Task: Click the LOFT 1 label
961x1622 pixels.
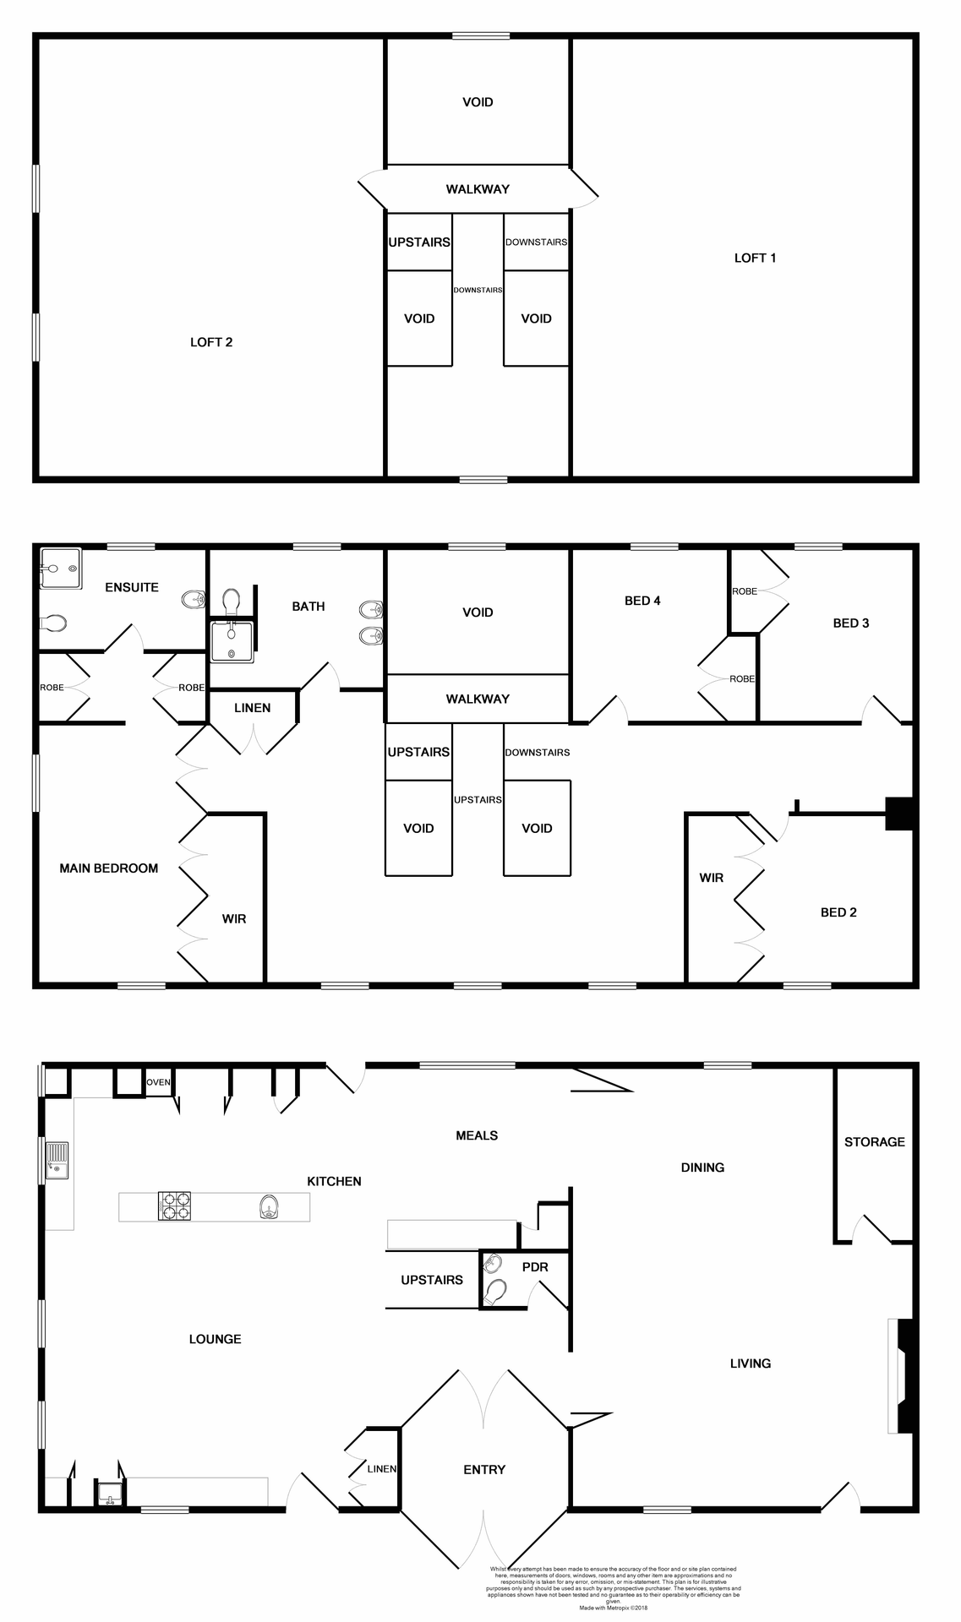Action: point(755,259)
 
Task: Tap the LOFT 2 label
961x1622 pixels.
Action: point(211,342)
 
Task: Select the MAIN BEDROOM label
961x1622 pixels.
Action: point(108,868)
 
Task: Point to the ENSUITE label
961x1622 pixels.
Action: point(132,588)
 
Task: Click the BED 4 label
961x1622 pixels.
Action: point(642,601)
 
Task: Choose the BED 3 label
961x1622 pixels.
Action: point(850,623)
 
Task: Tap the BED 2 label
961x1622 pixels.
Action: point(838,912)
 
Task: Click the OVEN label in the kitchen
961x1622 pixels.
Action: point(159,1083)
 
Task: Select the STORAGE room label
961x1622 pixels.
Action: point(874,1142)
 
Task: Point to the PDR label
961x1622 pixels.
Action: point(535,1267)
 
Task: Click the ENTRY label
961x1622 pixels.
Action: point(484,1470)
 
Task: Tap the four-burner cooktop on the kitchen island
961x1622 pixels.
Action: point(174,1206)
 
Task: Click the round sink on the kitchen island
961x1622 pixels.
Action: point(269,1206)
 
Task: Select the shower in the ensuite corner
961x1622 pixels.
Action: point(59,568)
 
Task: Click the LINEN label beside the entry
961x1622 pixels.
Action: point(382,1469)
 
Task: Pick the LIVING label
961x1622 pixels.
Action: point(751,1363)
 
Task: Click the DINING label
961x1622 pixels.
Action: point(702,1168)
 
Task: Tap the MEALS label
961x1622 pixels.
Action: point(477,1135)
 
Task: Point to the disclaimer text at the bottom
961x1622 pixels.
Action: point(614,1587)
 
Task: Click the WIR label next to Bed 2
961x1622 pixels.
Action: point(712,878)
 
